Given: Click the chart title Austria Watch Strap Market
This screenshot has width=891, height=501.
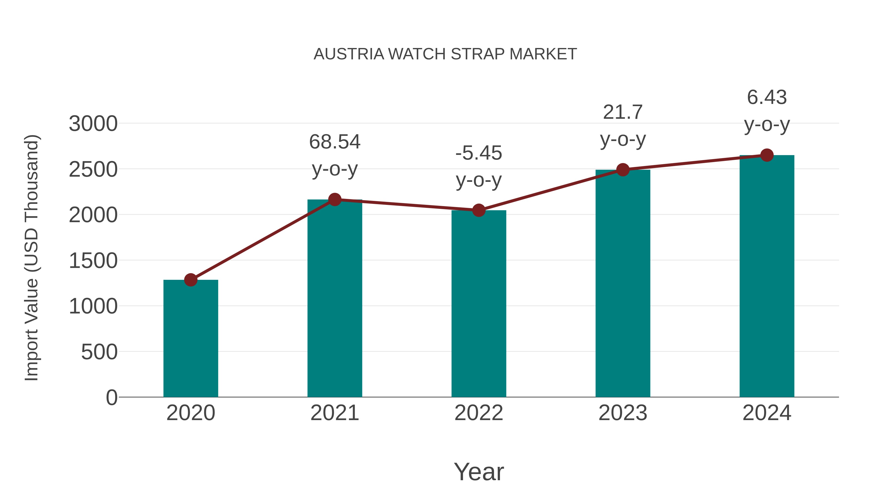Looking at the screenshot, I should tap(445, 54).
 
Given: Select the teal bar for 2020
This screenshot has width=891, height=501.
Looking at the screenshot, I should tap(191, 339).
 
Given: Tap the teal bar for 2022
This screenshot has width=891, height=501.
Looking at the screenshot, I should tap(478, 304).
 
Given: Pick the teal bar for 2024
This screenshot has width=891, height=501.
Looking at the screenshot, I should tap(767, 277).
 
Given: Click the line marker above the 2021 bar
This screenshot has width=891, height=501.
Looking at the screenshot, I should tap(334, 199).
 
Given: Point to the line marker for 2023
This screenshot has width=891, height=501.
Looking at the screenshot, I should tap(623, 170).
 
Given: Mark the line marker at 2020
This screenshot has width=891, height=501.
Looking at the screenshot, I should tap(191, 280).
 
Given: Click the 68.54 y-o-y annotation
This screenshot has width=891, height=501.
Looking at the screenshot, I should tap(334, 156).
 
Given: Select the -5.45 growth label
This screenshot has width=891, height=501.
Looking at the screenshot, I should tap(478, 167).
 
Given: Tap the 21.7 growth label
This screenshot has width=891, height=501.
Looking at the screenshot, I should tap(623, 126).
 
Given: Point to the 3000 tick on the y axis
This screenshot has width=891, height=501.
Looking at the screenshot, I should tap(93, 124).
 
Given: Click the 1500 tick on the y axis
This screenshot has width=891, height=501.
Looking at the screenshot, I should tap(93, 261).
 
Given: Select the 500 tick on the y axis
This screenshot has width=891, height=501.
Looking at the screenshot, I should tap(99, 352).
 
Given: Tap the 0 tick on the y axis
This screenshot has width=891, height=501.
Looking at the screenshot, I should tap(111, 398).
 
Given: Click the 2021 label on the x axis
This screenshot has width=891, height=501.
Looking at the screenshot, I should tap(334, 413).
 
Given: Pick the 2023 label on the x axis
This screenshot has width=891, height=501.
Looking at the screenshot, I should tap(623, 413).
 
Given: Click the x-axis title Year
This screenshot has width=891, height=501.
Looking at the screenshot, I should tap(479, 472).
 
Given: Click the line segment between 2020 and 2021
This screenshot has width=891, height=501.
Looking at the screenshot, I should tap(263, 239).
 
